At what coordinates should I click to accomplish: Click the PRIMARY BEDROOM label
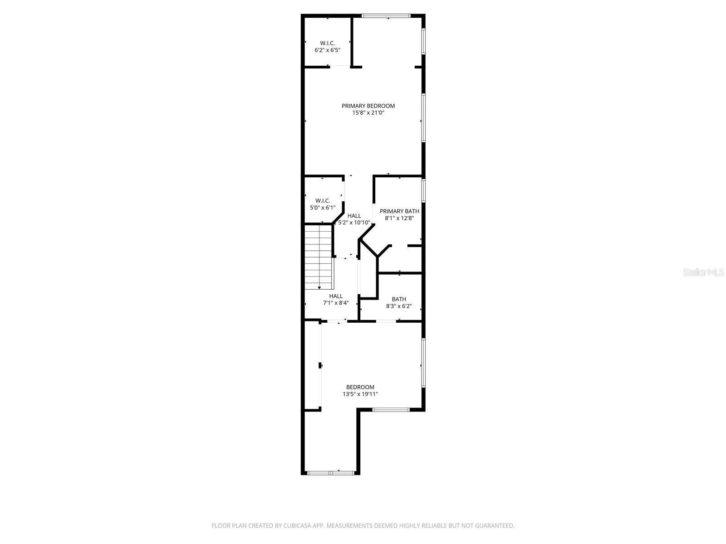point(368,106)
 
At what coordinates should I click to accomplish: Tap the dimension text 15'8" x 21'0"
point(368,113)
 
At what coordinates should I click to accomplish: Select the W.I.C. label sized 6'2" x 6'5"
point(327,43)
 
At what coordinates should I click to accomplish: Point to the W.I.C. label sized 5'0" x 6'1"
point(323,200)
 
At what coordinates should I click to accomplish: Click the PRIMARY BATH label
point(399,211)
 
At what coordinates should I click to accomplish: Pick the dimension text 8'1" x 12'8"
point(399,218)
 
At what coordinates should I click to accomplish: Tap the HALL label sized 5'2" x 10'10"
point(354,216)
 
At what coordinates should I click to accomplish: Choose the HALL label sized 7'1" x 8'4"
point(336,296)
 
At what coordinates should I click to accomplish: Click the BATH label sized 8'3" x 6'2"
point(399,299)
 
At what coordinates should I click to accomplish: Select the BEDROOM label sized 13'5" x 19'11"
point(360,387)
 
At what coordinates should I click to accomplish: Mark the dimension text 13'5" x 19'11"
point(360,394)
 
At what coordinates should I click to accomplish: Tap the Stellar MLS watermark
point(704,272)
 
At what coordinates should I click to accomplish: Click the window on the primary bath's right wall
point(423,190)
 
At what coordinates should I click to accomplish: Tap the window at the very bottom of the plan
point(330,473)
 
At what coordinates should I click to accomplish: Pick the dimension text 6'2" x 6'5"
point(327,50)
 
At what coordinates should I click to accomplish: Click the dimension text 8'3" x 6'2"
point(399,306)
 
